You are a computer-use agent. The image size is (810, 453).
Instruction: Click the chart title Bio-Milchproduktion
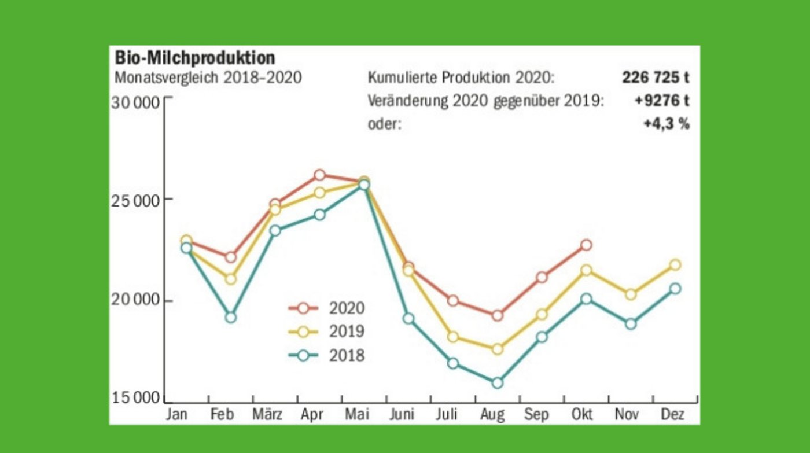194,58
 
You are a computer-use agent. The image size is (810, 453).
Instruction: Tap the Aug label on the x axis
493,415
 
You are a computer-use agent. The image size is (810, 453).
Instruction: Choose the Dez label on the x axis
673,415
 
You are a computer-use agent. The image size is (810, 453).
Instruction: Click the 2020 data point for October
586,245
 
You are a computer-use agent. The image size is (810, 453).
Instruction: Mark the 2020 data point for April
319,175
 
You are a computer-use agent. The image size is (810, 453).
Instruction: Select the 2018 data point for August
497,382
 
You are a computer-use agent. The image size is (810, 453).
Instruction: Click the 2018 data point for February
230,317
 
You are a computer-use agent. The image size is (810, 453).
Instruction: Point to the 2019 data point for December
675,265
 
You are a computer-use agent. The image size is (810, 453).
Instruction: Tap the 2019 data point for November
631,294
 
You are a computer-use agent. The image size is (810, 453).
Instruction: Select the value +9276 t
661,101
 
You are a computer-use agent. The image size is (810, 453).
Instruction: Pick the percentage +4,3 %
666,124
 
